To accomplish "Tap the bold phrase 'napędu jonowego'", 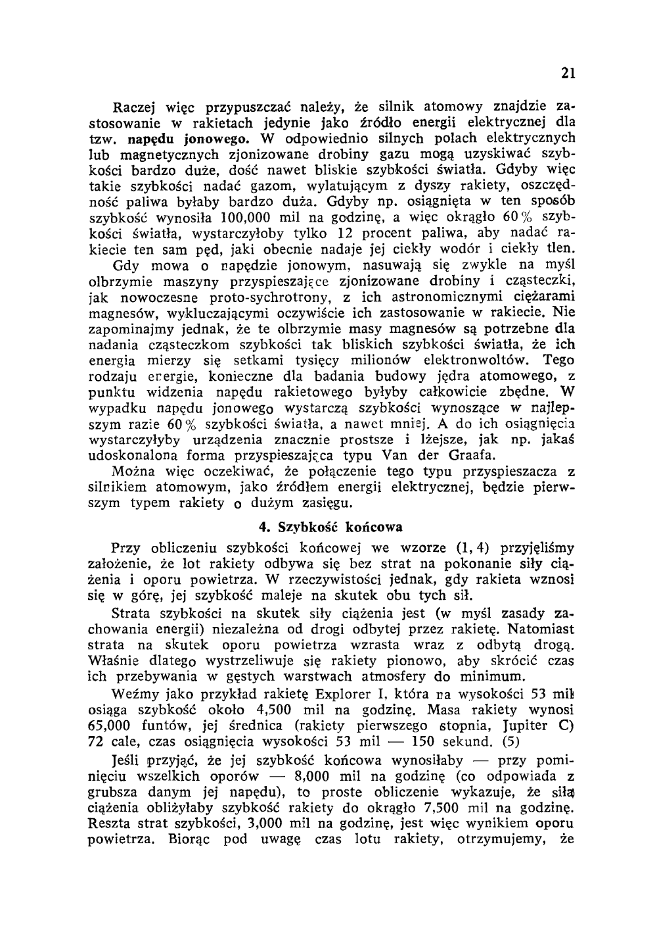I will (x=187, y=138).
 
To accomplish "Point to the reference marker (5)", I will (x=510, y=742).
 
